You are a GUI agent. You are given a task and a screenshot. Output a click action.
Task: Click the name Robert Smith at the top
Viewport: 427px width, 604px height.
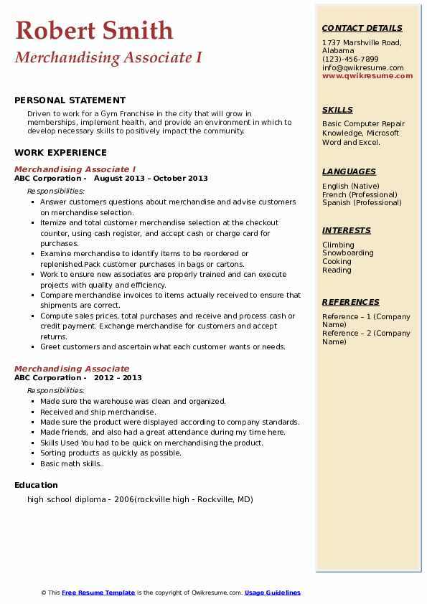tap(94, 30)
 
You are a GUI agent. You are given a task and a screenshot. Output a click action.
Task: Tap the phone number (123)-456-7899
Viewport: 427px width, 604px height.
tap(350, 60)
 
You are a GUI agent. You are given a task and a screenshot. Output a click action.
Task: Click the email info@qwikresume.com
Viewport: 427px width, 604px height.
tap(362, 67)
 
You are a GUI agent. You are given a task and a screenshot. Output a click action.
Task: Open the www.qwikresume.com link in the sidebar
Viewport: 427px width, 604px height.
tap(367, 75)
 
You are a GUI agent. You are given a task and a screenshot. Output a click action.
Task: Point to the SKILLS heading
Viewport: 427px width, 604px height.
tap(337, 110)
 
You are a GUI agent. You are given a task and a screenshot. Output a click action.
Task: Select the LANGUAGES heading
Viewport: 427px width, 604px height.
tap(349, 171)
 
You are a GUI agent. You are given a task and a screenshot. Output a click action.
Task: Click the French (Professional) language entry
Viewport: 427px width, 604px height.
tap(360, 194)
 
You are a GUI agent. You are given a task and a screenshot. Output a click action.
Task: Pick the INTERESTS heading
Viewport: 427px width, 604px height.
tap(347, 230)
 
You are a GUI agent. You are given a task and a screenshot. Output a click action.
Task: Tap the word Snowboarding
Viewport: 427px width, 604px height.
tap(347, 253)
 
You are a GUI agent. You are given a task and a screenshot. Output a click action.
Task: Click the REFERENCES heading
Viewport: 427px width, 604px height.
tap(351, 302)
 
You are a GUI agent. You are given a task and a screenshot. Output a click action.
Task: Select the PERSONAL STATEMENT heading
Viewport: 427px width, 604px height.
tap(70, 100)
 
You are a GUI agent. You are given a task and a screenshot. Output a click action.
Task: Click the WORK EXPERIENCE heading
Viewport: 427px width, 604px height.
tap(60, 152)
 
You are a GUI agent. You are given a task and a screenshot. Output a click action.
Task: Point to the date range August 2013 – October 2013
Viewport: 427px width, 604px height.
tap(151, 179)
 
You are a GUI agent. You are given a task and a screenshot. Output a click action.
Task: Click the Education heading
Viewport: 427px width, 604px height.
tap(36, 485)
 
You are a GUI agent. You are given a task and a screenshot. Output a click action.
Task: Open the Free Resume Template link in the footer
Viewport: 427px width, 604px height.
tap(98, 593)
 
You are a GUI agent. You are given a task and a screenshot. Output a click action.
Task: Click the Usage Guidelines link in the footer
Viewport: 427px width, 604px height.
tap(273, 593)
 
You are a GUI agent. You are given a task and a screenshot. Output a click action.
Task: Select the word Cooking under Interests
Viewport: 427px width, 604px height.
tap(337, 262)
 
